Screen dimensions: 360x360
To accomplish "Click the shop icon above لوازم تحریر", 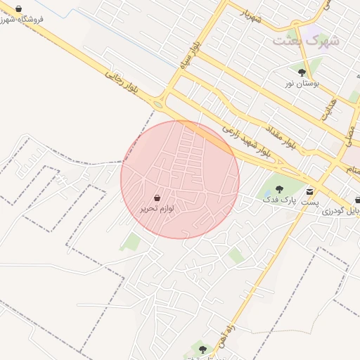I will [x=157, y=198].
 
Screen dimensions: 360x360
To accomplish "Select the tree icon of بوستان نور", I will [x=302, y=72].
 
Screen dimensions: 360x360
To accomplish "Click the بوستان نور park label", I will [x=302, y=83].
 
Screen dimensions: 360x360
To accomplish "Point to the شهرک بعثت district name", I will [x=306, y=40].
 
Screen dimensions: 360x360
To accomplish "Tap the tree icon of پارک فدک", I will [x=280, y=188].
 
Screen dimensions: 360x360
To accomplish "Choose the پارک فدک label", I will [x=276, y=200].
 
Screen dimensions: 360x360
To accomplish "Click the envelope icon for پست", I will [x=310, y=191].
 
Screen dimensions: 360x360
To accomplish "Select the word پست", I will [x=309, y=202].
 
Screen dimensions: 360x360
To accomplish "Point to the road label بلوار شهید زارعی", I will [x=246, y=140].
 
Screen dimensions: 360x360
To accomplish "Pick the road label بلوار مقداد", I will [x=281, y=138].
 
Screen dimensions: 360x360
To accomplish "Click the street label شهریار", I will [x=250, y=15].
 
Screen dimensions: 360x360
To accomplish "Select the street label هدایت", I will [x=328, y=108].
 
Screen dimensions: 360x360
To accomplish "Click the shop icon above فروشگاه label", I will [x=18, y=8].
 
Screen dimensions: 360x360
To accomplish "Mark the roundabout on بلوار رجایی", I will [x=157, y=105].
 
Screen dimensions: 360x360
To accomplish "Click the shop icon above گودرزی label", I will [x=358, y=200].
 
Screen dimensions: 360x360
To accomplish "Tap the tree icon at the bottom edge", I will [x=202, y=349].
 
